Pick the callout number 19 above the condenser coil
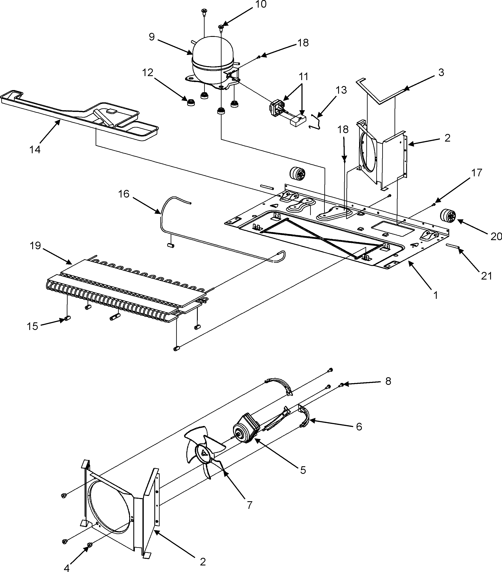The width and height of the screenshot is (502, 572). point(36,246)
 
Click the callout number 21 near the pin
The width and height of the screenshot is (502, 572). point(486,276)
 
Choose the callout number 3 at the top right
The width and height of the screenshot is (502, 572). point(441,72)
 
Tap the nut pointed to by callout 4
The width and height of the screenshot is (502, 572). point(90,545)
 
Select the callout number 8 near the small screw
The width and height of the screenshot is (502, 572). point(388,381)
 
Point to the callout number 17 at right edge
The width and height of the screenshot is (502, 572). point(477,173)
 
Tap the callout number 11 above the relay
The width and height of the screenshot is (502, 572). point(303,76)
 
